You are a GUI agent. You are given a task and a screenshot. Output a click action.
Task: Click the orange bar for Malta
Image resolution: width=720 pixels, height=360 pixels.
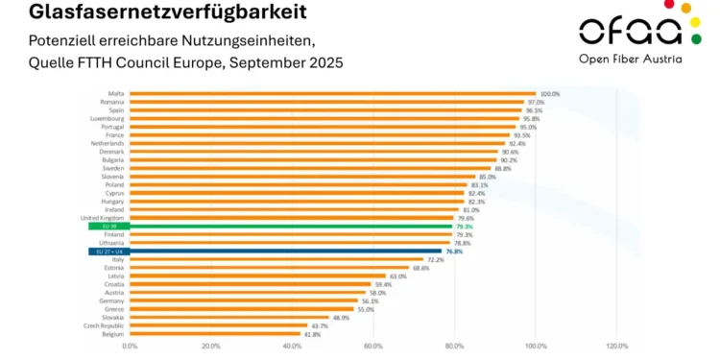(x=331, y=94)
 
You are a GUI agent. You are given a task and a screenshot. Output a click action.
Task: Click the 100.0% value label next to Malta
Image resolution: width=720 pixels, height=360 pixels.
(x=549, y=94)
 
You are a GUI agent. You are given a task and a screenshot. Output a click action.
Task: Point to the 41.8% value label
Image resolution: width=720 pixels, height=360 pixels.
(x=312, y=334)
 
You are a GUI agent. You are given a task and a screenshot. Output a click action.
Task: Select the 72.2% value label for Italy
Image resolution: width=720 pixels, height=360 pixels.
(x=435, y=259)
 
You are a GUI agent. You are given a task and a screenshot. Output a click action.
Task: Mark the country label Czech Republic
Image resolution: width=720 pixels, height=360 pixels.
(x=106, y=325)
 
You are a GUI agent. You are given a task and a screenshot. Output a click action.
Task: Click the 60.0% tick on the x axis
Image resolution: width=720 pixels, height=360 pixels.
(x=373, y=346)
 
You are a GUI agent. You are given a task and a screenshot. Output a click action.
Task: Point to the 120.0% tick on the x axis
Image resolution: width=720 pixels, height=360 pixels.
(x=617, y=346)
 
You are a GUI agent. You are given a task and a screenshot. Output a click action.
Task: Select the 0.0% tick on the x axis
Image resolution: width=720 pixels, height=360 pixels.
(x=130, y=346)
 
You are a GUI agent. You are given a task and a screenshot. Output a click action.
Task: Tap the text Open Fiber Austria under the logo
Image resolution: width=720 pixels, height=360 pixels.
(x=631, y=59)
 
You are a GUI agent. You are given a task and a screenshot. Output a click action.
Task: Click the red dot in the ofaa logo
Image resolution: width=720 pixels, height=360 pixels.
(x=684, y=7)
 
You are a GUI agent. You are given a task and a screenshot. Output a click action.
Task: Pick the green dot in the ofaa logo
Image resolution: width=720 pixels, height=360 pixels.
(x=696, y=38)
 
